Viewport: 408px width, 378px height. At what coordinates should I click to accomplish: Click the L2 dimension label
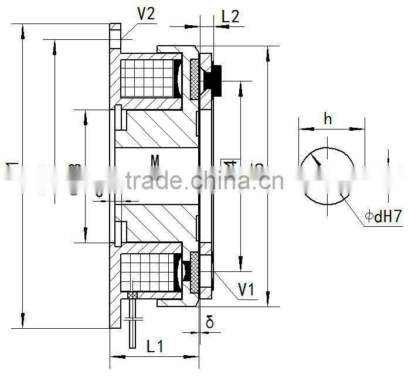click(x=230, y=16)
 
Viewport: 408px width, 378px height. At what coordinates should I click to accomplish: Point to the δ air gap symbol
click(x=210, y=321)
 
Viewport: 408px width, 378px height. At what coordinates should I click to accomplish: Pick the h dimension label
click(x=328, y=119)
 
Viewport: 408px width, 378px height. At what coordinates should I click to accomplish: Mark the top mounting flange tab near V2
click(x=115, y=32)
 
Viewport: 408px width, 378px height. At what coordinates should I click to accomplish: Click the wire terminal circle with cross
click(x=132, y=295)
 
